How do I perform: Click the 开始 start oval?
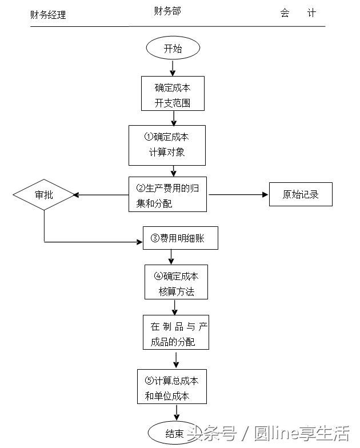173,49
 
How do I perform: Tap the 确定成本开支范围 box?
173,94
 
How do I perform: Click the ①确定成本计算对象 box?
167,145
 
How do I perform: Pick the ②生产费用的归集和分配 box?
168,195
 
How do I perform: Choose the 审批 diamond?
44,195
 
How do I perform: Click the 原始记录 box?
301,195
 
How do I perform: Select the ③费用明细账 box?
181,238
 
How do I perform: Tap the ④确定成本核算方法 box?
176,282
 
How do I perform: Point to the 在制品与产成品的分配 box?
176,333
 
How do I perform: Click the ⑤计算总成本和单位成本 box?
172,387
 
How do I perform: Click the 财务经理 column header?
48,14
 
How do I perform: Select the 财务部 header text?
167,11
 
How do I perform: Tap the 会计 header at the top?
298,13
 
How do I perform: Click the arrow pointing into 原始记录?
264,195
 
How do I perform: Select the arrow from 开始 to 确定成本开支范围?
173,68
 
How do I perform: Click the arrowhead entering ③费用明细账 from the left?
139,242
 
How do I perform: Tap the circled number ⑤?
149,380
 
